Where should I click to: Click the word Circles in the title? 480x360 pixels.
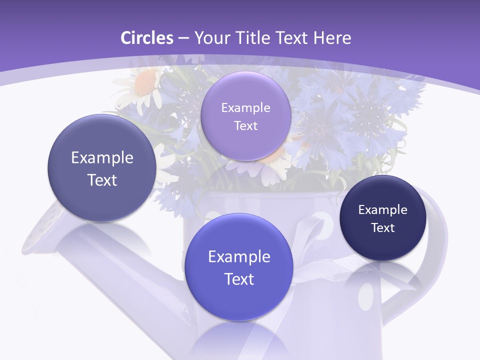tap(146, 37)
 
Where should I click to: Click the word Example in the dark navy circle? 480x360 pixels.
tap(383, 209)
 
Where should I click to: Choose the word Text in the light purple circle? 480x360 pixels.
tap(245, 125)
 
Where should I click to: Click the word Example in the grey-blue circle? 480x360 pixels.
tap(102, 157)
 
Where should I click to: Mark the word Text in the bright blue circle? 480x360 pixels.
tap(239, 279)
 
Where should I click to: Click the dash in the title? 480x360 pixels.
tap(183, 37)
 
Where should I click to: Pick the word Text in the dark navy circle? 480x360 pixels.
tap(383, 227)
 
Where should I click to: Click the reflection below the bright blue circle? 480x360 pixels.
tap(239, 340)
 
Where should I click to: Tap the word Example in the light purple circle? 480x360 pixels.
tap(245, 107)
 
